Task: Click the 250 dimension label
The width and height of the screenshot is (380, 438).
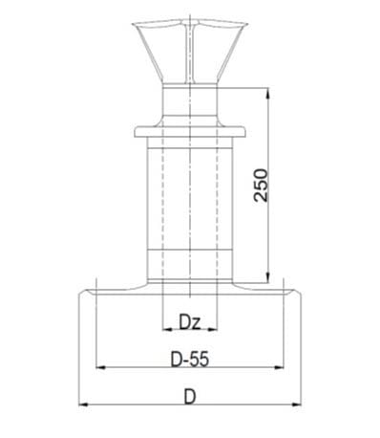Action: tap(261, 186)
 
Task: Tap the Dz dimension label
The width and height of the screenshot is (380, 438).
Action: tap(190, 322)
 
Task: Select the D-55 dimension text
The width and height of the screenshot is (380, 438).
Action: tap(190, 360)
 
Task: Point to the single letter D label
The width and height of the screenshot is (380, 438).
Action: tap(190, 397)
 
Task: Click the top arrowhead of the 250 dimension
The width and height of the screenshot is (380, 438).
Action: tap(268, 93)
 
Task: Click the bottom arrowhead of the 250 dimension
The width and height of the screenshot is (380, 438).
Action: tap(268, 277)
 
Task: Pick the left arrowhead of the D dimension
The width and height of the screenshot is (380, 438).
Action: tap(83, 405)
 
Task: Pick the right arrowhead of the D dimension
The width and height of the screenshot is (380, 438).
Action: tap(296, 405)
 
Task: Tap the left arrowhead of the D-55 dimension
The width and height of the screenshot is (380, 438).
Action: tap(100, 367)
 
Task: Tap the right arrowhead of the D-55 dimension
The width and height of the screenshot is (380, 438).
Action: tap(279, 367)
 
